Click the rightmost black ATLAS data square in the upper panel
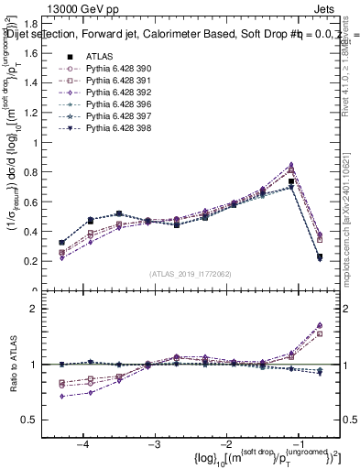pyautogui.click(x=320, y=257)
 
